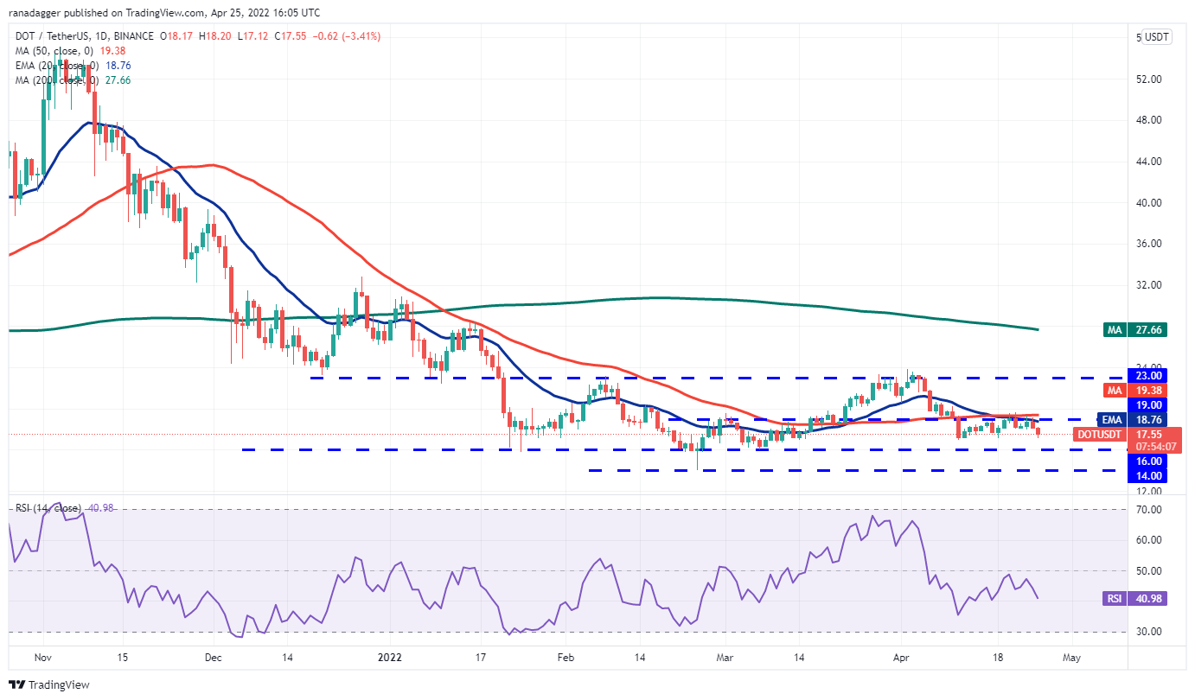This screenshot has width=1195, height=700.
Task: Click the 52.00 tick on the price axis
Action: (x=1148, y=80)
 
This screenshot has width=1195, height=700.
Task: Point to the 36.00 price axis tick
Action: (x=1148, y=244)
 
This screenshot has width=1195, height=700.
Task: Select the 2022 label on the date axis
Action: (x=389, y=658)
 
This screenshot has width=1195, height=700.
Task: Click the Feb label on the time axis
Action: (x=565, y=658)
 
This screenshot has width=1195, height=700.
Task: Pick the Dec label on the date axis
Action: (x=214, y=658)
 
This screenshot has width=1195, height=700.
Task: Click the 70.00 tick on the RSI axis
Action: (x=1148, y=510)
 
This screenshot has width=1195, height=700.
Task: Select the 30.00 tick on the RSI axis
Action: (x=1148, y=632)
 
